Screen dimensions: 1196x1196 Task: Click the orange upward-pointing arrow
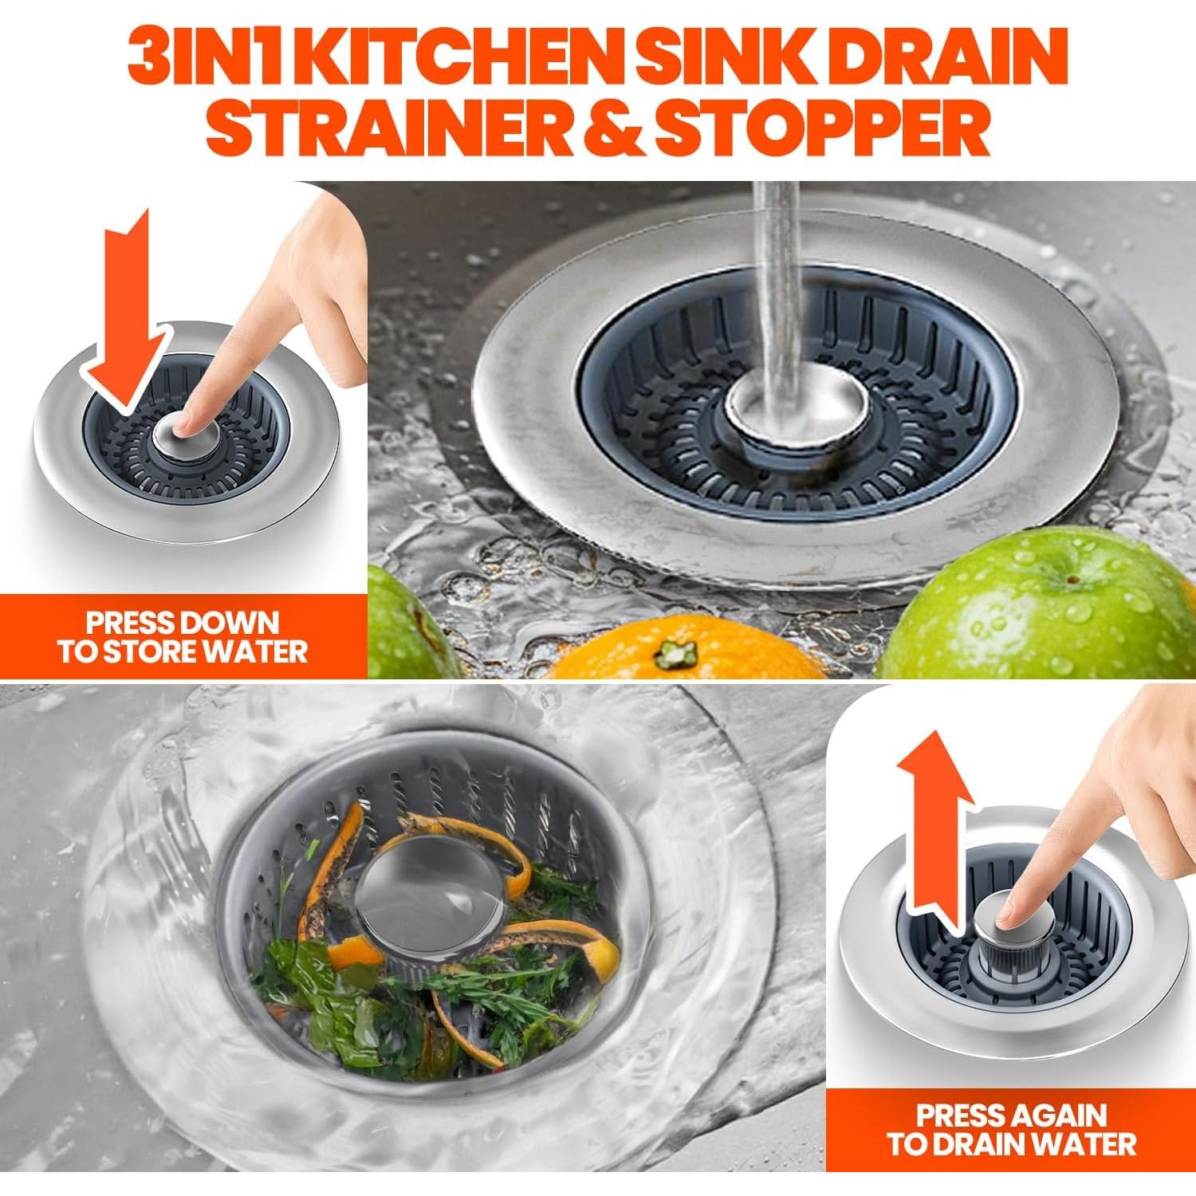(x=934, y=821)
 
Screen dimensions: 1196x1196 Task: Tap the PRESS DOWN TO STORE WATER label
(x=182, y=636)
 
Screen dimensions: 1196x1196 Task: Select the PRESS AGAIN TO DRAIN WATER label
(x=1011, y=1129)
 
